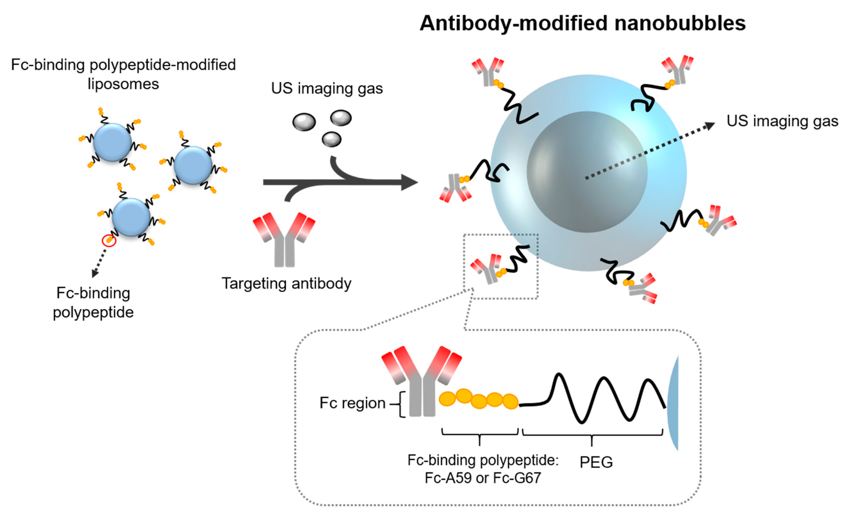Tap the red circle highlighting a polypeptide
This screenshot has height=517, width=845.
click(109, 240)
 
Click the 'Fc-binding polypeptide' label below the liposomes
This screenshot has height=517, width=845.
click(93, 302)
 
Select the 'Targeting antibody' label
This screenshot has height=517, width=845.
click(286, 284)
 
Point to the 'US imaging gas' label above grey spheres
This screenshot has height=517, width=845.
click(326, 89)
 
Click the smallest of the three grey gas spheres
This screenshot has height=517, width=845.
click(331, 139)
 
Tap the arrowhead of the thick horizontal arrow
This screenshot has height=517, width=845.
click(410, 182)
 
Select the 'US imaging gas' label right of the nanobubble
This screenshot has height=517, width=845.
click(782, 121)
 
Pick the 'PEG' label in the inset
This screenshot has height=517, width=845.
click(596, 462)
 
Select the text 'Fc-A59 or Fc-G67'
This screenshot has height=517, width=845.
click(483, 478)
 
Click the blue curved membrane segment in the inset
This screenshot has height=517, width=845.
click(673, 403)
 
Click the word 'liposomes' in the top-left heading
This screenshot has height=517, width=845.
click(123, 84)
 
